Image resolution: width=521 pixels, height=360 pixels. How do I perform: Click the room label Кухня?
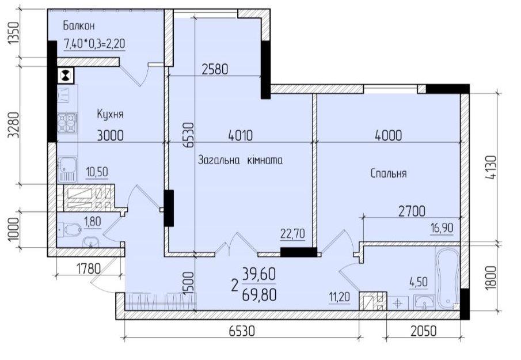(110, 115)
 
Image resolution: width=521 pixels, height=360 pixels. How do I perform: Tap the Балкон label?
(79, 25)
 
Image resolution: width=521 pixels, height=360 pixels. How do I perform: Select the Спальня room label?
(389, 173)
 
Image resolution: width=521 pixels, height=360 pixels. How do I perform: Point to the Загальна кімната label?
(240, 160)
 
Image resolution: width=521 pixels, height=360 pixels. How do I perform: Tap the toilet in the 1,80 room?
(70, 229)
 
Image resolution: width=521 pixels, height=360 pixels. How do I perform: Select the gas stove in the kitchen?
(67, 123)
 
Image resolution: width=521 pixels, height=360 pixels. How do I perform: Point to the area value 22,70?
(292, 234)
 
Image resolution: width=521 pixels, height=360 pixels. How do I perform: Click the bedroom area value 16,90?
(442, 228)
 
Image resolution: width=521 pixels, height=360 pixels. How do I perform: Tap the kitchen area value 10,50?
(97, 172)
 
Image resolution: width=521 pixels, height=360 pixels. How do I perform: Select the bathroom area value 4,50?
(419, 282)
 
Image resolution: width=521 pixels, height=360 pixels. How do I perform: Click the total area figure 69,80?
(259, 295)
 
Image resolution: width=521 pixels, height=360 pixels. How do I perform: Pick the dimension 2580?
(215, 70)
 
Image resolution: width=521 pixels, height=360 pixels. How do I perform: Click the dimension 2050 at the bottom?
(423, 331)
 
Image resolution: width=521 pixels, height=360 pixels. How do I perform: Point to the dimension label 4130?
(491, 168)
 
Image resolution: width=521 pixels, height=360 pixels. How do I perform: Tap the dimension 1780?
(89, 268)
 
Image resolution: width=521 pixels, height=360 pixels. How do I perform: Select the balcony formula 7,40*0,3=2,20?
(94, 44)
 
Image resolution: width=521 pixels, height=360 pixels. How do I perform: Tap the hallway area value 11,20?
(340, 297)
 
